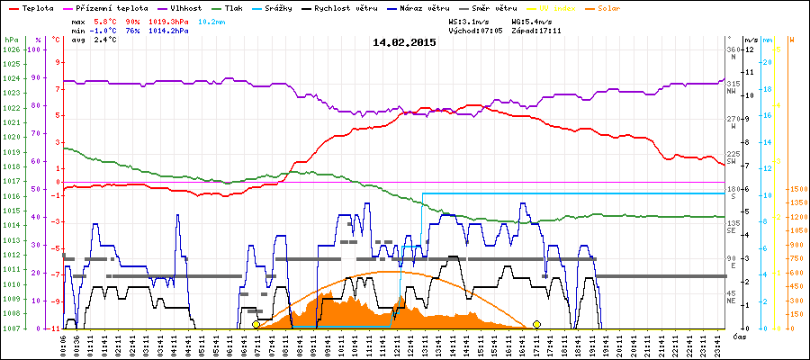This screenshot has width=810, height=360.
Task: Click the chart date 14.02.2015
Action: (x=404, y=41)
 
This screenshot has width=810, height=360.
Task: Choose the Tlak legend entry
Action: (x=258, y=7)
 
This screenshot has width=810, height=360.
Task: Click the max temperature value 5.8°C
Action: (x=106, y=20)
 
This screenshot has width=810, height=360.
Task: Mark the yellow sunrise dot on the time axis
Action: (x=256, y=324)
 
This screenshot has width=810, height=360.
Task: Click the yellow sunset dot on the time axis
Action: (x=537, y=324)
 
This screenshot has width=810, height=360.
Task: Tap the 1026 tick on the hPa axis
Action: (x=11, y=49)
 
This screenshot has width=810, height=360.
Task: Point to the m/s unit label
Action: (x=751, y=40)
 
